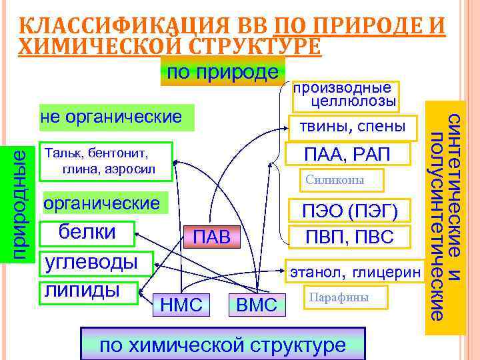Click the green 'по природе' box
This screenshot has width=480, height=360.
pyautogui.click(x=223, y=72)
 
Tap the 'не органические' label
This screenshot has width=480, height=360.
pyautogui.click(x=115, y=117)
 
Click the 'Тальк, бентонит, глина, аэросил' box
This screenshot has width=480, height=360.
pyautogui.click(x=107, y=160)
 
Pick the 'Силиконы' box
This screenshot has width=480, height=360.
pyautogui.click(x=336, y=181)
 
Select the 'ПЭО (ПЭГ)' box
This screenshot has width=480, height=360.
pyautogui.click(x=351, y=211)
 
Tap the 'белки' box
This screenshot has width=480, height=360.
pyautogui.click(x=88, y=232)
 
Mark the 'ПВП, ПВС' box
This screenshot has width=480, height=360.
pyautogui.click(x=350, y=237)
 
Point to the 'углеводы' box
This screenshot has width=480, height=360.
pyautogui.click(x=96, y=261)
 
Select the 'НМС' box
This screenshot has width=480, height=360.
pyautogui.click(x=181, y=305)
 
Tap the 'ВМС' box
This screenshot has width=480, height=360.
pyautogui.click(x=257, y=305)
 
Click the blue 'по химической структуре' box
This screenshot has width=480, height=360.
pyautogui.click(x=222, y=345)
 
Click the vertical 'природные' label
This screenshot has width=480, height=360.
pyautogui.click(x=21, y=203)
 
